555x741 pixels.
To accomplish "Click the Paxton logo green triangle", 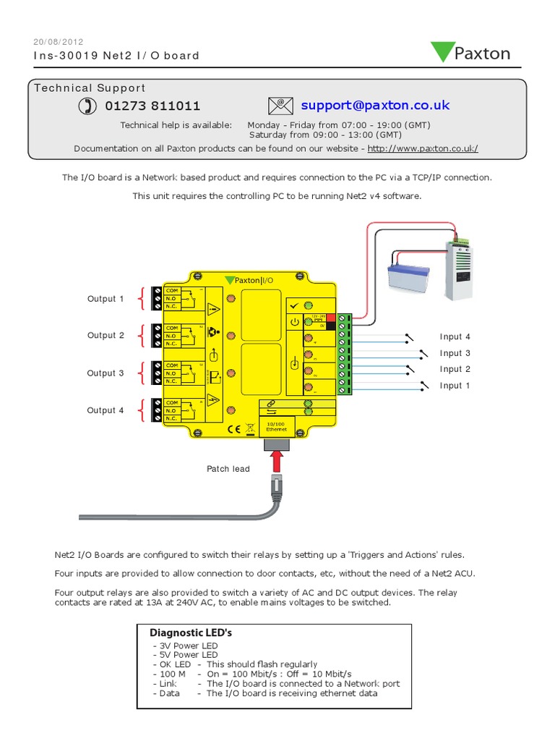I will tap(442, 52).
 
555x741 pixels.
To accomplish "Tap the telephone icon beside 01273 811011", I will tap(87, 106).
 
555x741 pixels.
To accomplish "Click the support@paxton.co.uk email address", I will tap(375, 106).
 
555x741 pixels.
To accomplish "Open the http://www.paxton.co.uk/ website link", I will tap(423, 148).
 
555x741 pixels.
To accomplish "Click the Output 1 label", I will tap(106, 299).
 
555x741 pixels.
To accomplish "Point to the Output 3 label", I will tap(106, 373).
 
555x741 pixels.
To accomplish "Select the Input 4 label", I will tap(455, 336).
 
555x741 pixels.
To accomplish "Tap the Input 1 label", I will tap(455, 386).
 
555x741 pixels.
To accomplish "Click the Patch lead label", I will tap(228, 469).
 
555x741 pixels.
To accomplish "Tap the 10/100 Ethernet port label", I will tap(277, 425).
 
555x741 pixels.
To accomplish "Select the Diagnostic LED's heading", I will tap(190, 632).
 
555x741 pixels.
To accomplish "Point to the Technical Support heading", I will tap(90, 88).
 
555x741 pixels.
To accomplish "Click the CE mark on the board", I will tap(234, 428).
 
